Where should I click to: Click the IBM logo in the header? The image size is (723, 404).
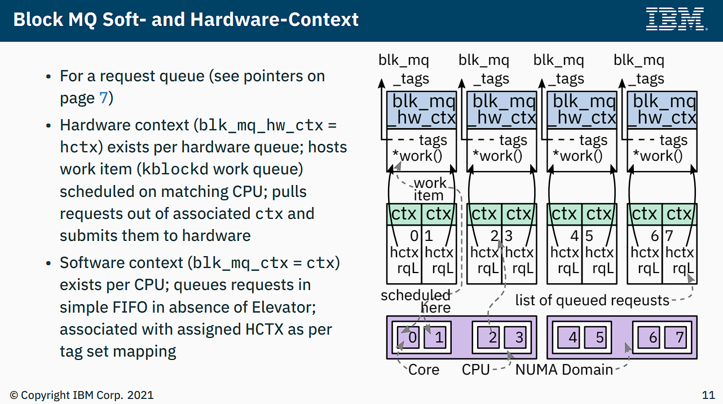676,19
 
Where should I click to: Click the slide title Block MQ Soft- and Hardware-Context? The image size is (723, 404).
186,20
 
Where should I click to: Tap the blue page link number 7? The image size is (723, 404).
103,98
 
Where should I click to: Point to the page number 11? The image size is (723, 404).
708,395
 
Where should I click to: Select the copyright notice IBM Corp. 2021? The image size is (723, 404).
81,395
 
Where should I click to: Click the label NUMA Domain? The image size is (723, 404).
564,370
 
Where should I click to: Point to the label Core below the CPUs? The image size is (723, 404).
424,370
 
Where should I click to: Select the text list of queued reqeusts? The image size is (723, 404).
592,300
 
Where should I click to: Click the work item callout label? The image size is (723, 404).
429,189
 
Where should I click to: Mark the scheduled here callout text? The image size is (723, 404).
417,301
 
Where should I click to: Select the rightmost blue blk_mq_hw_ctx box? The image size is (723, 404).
662,110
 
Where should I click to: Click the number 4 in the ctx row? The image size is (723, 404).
575,236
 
